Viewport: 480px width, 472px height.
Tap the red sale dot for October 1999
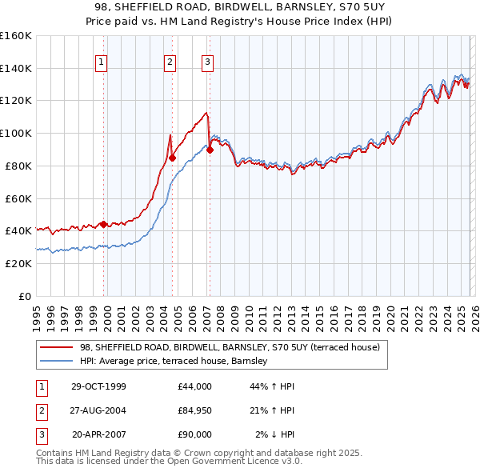(x=104, y=224)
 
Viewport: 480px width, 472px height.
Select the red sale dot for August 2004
(x=172, y=158)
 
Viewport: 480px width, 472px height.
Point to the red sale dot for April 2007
(x=210, y=149)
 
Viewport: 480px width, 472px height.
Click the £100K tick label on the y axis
(x=15, y=133)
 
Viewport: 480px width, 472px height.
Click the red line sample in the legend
(x=56, y=347)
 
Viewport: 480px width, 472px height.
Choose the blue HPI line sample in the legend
(x=56, y=362)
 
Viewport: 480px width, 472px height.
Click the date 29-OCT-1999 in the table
(x=98, y=386)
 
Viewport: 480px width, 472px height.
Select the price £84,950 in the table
(x=195, y=410)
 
